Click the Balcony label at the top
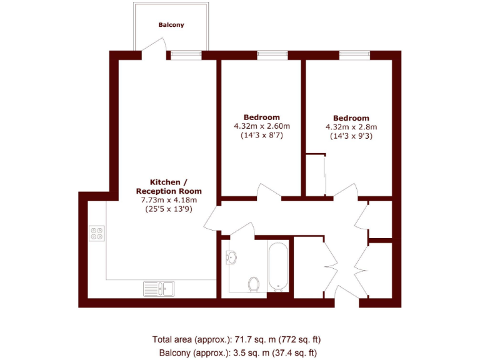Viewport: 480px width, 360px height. tap(171, 25)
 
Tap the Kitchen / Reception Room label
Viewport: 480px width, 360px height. tap(169, 186)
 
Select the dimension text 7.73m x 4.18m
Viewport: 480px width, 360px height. tap(169, 200)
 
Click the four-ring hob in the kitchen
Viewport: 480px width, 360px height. tap(97, 233)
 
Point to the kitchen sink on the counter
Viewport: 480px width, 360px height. tap(159, 288)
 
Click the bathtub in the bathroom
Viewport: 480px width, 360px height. tap(278, 266)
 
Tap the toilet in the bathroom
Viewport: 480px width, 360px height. tap(254, 285)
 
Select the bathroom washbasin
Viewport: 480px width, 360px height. tap(232, 256)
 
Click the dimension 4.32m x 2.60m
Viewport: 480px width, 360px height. tap(262, 126)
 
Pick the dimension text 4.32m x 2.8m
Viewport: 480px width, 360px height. tap(351, 127)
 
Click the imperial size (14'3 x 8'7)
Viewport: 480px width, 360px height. tap(262, 136)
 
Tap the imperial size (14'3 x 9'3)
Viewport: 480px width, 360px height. tap(351, 136)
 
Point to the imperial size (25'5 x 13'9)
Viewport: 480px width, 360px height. tap(169, 209)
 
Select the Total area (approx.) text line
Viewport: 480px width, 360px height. tap(236, 339)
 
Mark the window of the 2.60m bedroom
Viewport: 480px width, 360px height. tap(268, 54)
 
